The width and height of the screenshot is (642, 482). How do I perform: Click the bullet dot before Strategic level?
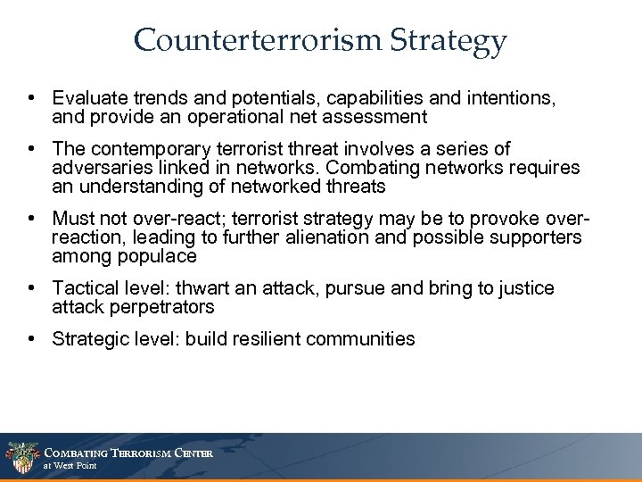33,339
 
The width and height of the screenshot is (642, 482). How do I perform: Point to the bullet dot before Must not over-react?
33,218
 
